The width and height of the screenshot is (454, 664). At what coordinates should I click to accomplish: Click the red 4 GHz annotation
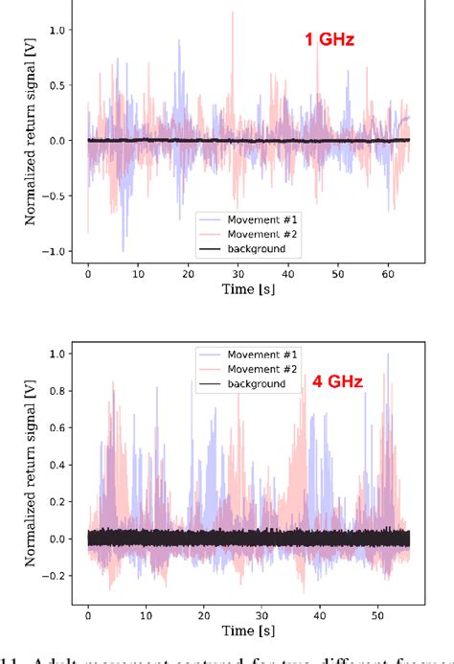[336, 382]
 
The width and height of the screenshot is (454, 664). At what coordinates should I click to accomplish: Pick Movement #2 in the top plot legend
[256, 233]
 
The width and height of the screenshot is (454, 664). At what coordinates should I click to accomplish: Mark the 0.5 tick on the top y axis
[61, 85]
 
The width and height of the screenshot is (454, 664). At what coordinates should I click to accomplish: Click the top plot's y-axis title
[31, 141]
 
